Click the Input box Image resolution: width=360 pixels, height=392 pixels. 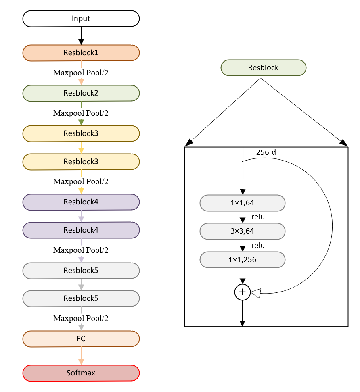tap(81, 19)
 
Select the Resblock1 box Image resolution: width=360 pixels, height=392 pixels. tap(81, 53)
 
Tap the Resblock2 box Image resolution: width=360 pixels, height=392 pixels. tap(81, 93)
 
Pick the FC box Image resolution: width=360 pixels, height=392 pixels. tap(81, 339)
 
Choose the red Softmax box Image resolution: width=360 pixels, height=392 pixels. tap(81, 373)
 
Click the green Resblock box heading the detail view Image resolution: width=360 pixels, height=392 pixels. tap(264, 68)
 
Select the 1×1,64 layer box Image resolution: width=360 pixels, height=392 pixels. tap(243, 203)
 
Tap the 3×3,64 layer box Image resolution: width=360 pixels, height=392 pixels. tap(243, 231)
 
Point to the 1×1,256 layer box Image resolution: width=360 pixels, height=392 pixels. tap(243, 260)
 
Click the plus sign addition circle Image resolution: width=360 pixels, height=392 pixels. tap(243, 292)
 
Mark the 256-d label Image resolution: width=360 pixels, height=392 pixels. tap(266, 153)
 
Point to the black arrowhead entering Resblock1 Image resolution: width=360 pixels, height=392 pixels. tap(81, 42)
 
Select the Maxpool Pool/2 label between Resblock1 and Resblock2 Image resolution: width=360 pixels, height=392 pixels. tap(81, 73)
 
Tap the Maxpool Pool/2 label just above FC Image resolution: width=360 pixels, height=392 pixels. tap(81, 319)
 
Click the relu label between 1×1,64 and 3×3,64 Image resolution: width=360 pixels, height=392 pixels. tap(258, 217)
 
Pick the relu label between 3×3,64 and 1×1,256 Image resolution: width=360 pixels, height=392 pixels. tap(258, 246)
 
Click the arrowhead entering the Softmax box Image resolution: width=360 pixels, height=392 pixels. tap(81, 361)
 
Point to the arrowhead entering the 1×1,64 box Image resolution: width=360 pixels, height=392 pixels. tap(243, 192)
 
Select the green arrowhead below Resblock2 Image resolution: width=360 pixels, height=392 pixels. tap(81, 122)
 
